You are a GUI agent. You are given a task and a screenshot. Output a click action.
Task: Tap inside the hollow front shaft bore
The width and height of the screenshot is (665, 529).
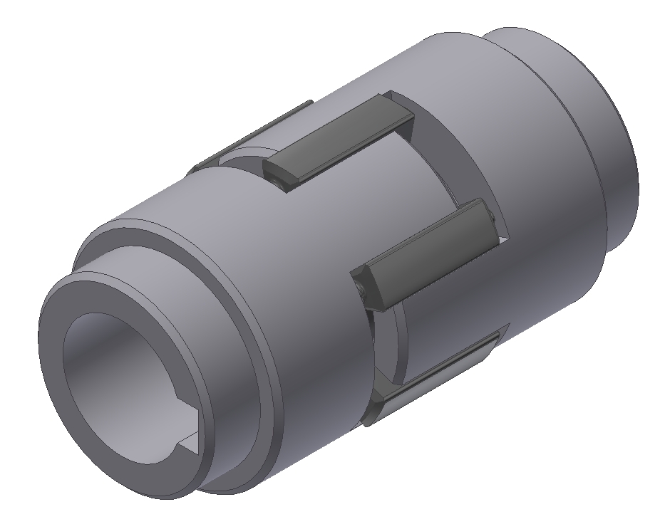coord(114,370)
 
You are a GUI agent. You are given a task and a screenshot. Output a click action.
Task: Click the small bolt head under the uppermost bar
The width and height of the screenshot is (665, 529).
coord(280,184)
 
